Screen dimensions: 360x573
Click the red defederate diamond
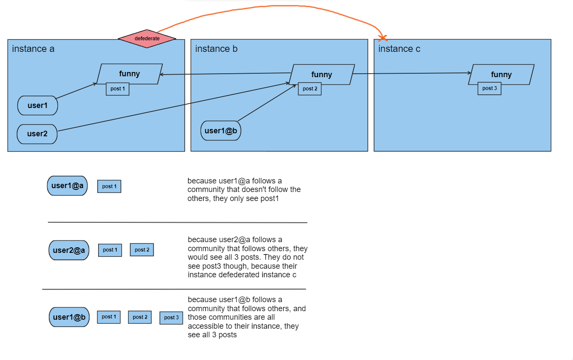click(147, 39)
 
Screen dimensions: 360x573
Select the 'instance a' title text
click(33, 49)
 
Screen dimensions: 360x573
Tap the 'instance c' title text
click(399, 49)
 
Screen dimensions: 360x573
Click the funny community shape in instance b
click(322, 75)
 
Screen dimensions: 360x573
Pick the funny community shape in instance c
click(501, 75)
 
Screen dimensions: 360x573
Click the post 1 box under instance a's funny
click(117, 89)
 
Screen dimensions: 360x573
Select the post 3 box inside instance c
click(489, 88)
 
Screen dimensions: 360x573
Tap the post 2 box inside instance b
click(310, 89)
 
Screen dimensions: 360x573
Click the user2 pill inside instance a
click(37, 134)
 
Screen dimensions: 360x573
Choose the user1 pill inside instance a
click(38, 105)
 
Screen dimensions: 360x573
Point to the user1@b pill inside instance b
click(221, 131)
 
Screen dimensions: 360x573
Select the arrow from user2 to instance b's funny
click(171, 107)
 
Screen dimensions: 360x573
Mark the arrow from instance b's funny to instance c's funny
click(411, 73)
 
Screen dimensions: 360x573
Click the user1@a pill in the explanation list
click(67, 186)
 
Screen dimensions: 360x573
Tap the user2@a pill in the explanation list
click(69, 250)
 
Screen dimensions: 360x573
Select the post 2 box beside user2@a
click(142, 250)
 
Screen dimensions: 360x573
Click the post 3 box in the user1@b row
click(171, 318)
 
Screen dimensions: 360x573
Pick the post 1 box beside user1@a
click(109, 186)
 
